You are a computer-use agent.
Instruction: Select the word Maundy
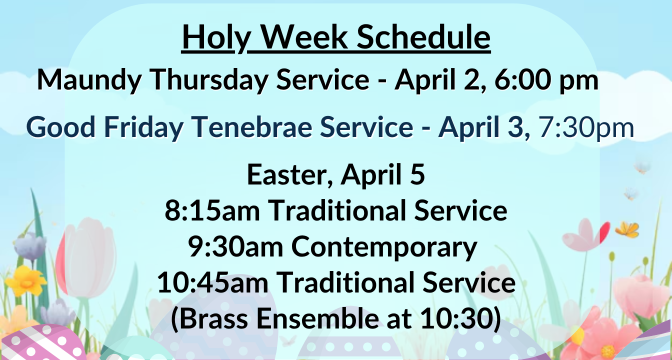(89, 80)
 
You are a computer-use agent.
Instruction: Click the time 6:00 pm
(546, 80)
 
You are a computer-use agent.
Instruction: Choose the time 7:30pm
(586, 128)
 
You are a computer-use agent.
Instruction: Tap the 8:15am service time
(212, 210)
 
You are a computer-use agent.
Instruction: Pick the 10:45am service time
(212, 282)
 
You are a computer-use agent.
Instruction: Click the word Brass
(213, 318)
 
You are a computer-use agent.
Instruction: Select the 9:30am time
(235, 247)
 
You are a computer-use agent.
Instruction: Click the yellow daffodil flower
(26, 281)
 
